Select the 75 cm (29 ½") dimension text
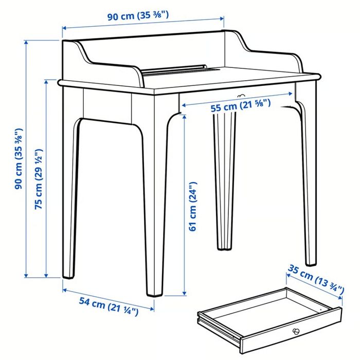pos(39,179)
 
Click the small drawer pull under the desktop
pos(241,96)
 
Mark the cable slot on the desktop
pos(175,69)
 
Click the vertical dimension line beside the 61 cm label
pos(184,206)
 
